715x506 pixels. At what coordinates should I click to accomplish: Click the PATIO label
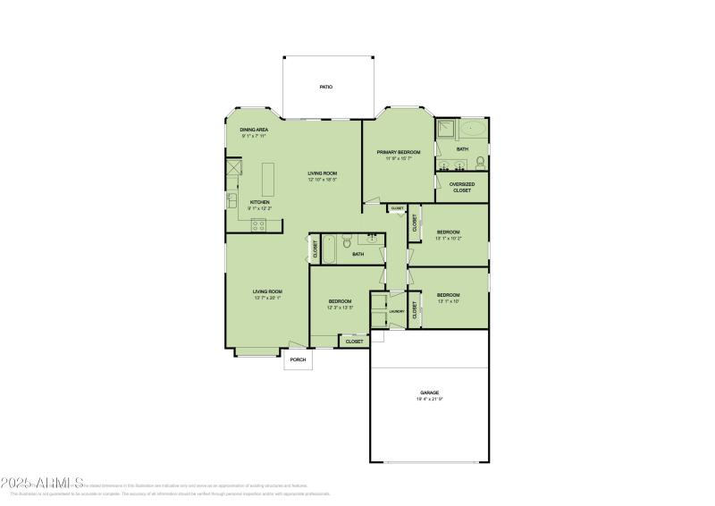(326, 87)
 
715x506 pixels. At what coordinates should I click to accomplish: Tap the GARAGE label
(430, 392)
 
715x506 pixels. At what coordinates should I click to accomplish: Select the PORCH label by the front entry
(298, 359)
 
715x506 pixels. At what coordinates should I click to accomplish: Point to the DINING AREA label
(254, 130)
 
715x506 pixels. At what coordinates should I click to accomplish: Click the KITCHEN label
(259, 202)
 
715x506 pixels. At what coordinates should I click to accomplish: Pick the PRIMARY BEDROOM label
(399, 152)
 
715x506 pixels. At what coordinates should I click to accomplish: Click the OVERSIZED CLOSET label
(462, 187)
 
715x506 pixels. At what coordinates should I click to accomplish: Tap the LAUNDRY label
(397, 312)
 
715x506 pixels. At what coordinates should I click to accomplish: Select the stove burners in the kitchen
(259, 227)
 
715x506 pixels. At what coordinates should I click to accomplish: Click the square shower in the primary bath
(446, 130)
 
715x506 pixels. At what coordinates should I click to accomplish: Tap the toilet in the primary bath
(480, 162)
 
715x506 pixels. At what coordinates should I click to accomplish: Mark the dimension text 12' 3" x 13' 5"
(340, 308)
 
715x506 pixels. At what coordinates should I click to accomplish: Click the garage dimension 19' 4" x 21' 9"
(430, 399)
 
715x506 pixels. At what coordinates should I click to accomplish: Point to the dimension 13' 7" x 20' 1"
(267, 298)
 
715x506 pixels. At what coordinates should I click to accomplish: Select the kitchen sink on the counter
(231, 199)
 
